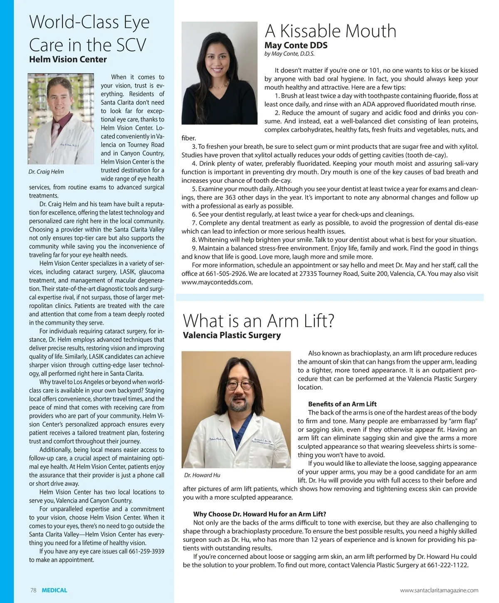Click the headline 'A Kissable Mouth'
coord(331,31)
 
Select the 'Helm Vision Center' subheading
coord(68,59)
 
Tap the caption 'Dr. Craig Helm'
coord(46,172)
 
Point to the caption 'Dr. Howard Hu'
coord(202,475)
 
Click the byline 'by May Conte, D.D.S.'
coord(289,54)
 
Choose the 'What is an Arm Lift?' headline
coord(259,321)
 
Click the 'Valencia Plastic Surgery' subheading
coord(232,335)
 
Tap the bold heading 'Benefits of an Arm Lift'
coord(342,404)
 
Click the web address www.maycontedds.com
coord(217,282)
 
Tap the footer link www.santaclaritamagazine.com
coord(439,590)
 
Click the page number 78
coord(33,590)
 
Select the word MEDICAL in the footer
coord(54,590)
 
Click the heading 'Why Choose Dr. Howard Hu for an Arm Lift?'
coord(259,514)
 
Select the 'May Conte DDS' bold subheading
coord(296,45)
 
